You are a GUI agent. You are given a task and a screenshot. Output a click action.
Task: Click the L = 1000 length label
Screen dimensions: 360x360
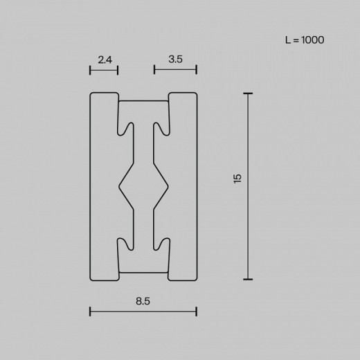tap(305, 40)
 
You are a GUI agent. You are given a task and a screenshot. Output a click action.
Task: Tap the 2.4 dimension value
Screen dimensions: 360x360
tap(105, 60)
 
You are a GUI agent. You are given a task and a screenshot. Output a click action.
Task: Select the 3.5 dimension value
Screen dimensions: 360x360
tap(175, 60)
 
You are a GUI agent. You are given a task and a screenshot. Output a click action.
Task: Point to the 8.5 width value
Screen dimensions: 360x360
tap(144, 301)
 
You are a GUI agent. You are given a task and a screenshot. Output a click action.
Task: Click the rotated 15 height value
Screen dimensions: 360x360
tap(237, 179)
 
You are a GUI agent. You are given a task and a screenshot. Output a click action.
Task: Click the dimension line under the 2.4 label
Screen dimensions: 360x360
tap(104, 69)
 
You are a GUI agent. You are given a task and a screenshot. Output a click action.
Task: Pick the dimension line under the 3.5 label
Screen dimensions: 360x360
tap(175, 69)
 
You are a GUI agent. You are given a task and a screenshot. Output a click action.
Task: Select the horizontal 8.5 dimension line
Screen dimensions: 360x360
tap(144, 311)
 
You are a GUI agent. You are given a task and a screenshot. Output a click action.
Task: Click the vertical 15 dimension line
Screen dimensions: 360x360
tap(248, 186)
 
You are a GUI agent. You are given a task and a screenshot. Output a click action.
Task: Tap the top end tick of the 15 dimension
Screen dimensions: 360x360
tap(248, 93)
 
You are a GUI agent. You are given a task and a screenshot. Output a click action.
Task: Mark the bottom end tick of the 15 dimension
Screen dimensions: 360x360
tap(248, 279)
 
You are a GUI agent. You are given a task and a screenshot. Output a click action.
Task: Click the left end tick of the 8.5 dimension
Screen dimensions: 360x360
tap(91, 311)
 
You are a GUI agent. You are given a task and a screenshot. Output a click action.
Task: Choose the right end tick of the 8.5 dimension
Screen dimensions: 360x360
tap(197, 311)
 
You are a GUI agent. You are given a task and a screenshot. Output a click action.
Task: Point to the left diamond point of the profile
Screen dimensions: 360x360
tap(120, 186)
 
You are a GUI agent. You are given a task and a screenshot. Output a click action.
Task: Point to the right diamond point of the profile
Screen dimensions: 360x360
tap(168, 186)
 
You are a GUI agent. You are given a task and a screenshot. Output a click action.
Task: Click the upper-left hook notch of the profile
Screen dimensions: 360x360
tap(125, 129)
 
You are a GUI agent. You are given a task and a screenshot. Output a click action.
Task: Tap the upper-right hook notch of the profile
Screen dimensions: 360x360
tap(163, 129)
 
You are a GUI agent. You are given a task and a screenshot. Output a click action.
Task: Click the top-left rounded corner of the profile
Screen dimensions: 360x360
tap(93, 94)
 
